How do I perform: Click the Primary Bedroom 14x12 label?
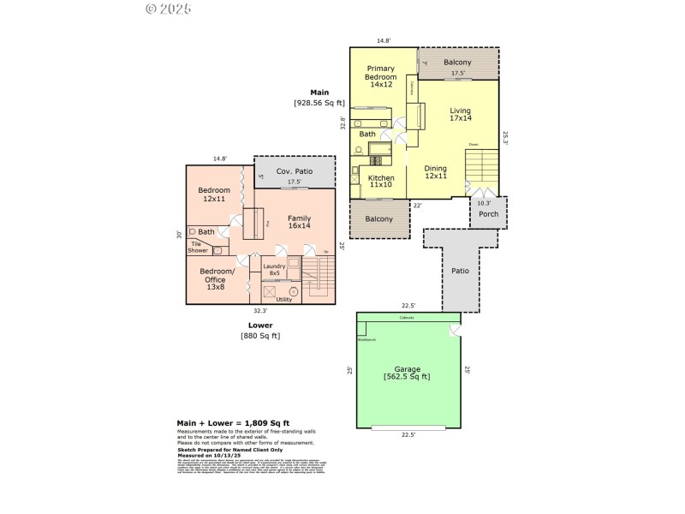[380, 76]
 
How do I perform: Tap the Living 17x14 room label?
[461, 114]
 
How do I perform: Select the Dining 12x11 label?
[436, 172]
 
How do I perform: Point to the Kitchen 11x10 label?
[381, 182]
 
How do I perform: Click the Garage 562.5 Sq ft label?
[407, 373]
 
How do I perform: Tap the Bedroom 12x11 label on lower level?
[213, 194]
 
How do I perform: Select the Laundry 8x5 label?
[274, 270]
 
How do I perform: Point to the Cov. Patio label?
[294, 171]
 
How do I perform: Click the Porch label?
[488, 214]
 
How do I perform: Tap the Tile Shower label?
[199, 248]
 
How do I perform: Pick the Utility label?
[283, 299]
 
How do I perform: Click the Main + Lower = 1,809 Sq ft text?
[233, 423]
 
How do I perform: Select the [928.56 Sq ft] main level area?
[319, 102]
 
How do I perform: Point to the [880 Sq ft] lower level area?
[259, 335]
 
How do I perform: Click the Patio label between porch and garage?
[460, 271]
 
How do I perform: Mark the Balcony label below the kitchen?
[379, 218]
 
